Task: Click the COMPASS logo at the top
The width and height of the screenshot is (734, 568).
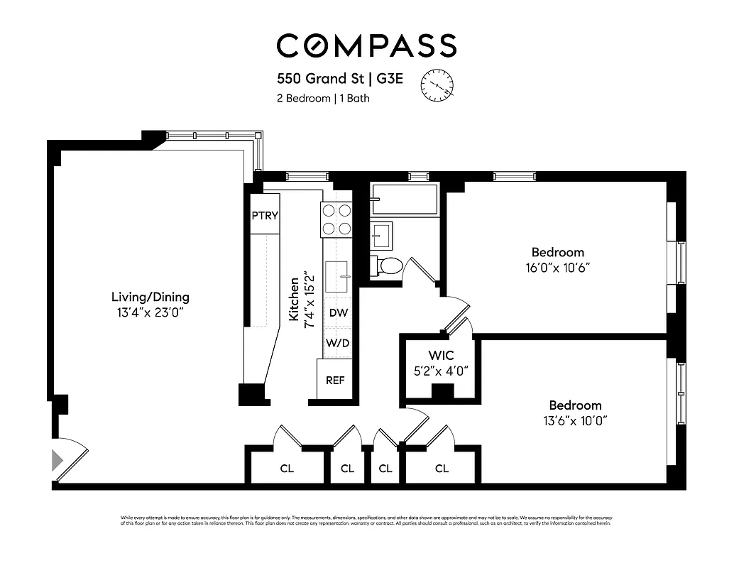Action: point(366,45)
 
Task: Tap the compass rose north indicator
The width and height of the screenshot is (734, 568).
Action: point(437,85)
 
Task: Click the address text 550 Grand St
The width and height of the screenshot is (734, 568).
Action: point(320,79)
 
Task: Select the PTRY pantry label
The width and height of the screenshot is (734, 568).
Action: point(265,217)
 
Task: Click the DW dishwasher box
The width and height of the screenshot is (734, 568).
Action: point(338,312)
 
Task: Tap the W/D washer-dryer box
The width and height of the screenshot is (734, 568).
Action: point(338,343)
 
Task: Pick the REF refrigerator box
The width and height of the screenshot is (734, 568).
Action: point(335,380)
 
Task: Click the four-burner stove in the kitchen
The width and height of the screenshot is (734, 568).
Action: point(336,219)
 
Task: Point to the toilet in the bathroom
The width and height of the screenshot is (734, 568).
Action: point(388,266)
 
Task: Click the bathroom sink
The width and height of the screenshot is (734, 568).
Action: point(382,235)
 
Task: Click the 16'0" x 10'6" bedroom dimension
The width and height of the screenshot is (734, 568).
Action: point(558,268)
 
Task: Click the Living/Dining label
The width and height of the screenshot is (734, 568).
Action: point(150,297)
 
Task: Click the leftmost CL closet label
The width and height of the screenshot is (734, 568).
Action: point(287,469)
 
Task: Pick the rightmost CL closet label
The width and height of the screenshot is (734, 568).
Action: point(442,469)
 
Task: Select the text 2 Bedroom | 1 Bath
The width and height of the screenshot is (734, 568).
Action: point(323,99)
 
